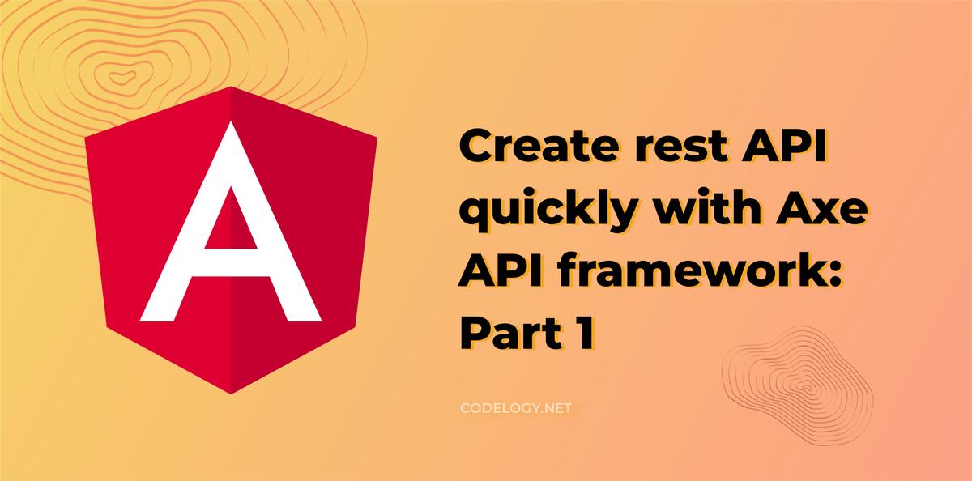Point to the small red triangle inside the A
(232, 222)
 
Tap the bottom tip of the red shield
(232, 393)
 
